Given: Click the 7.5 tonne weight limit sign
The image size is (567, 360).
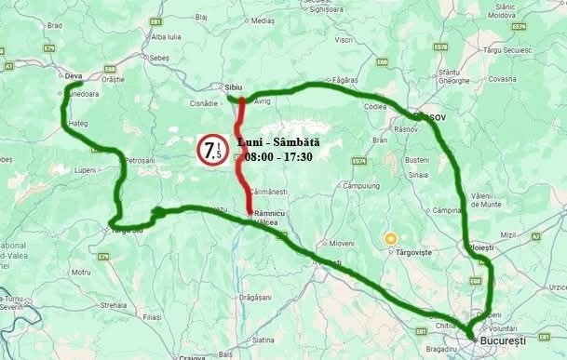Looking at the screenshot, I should click(210, 151).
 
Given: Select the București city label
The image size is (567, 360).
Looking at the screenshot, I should click(505, 342).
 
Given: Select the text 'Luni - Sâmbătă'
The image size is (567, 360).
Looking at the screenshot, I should click(278, 141).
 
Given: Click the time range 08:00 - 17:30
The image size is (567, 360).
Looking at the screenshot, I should click(279, 156).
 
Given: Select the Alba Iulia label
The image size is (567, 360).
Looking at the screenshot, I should click(167, 36).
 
